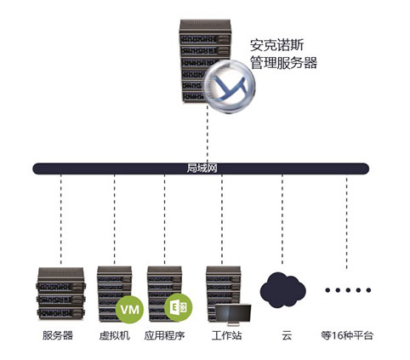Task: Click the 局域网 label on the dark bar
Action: point(202,169)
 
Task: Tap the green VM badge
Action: point(130,309)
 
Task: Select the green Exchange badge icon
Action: point(179,307)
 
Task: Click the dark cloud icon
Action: point(282,290)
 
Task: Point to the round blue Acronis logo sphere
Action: point(230,86)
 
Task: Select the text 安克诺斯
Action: point(276,45)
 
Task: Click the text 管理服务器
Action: point(283,63)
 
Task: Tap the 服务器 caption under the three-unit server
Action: point(58,335)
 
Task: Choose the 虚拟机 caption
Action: point(115,335)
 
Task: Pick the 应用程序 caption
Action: point(164,335)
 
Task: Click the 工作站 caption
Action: point(226,335)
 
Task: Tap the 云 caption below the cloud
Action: point(287,335)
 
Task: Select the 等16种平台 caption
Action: point(347,335)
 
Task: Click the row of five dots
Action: point(348,290)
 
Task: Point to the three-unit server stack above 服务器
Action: point(60,294)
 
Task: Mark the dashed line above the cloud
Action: point(282,220)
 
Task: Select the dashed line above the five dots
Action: point(346,221)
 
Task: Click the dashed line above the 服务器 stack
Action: point(61,220)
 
